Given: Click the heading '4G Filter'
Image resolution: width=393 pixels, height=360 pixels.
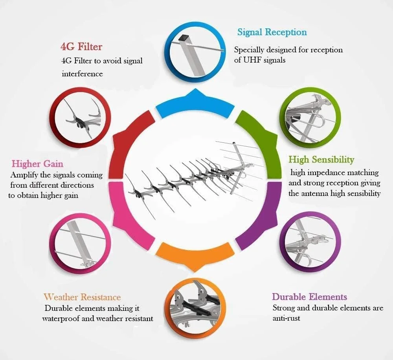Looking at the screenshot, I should click(x=81, y=47).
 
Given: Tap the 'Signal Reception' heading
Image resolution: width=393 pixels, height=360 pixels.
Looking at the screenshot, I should click(x=272, y=32).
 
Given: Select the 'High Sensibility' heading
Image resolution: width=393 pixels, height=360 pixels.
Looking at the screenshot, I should click(x=321, y=159).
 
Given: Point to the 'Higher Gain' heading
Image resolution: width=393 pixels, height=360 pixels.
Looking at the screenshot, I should click(x=37, y=164).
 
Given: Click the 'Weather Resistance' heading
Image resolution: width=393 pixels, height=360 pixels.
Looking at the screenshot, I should click(x=82, y=297).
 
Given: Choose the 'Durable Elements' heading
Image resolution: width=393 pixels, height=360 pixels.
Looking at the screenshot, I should click(x=309, y=297).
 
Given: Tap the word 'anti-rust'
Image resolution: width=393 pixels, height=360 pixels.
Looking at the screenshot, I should click(x=286, y=318).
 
